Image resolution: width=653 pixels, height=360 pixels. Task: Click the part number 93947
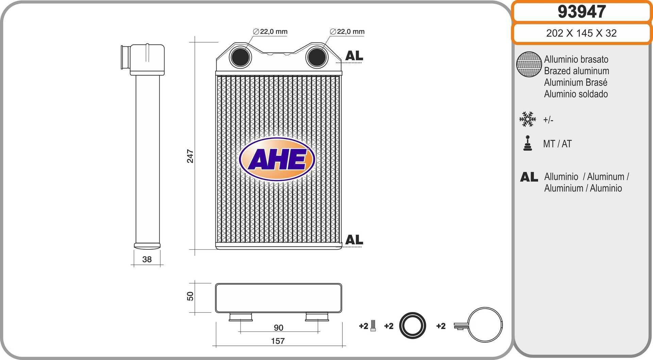tap(582, 12)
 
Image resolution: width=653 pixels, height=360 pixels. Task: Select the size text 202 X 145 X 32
tap(581, 33)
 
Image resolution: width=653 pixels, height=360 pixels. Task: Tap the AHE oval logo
tap(277, 159)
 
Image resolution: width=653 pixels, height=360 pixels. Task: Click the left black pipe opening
tap(240, 57)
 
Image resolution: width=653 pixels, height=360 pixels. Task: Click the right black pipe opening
tap(317, 57)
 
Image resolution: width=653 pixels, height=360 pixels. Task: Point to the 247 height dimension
tap(190, 156)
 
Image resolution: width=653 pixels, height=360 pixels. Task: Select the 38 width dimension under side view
tap(147, 259)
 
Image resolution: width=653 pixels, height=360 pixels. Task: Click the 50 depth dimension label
tap(190, 296)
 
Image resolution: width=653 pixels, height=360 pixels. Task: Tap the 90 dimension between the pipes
tap(278, 327)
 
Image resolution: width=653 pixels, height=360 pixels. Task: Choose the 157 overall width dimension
tap(278, 341)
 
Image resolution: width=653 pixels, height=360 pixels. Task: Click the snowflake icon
tap(528, 119)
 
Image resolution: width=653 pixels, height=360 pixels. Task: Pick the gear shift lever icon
tap(528, 143)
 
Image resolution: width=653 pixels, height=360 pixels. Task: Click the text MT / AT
tap(557, 144)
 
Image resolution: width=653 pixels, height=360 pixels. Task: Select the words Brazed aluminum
tap(576, 71)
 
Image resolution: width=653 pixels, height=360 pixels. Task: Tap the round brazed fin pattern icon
tap(529, 64)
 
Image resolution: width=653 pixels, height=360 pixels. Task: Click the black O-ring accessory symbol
tap(412, 326)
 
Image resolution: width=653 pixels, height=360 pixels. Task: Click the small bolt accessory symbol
tap(373, 326)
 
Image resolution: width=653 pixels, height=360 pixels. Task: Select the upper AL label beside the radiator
tap(354, 55)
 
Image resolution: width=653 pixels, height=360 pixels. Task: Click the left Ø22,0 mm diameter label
tap(270, 32)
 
